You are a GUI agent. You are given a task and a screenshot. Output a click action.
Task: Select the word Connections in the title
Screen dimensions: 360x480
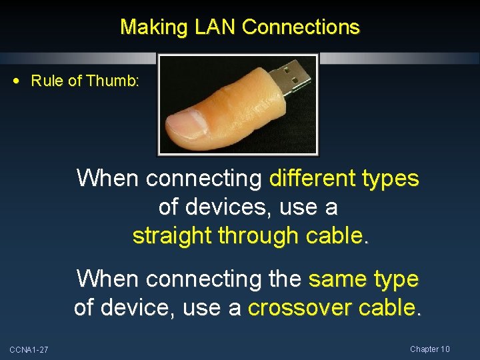click(301, 27)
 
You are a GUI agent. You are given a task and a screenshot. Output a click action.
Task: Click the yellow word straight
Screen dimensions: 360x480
click(175, 236)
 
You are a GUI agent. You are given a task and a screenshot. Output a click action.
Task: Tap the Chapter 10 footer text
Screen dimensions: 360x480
click(430, 349)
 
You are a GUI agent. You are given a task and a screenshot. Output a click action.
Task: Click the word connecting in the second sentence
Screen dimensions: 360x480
click(189, 279)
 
